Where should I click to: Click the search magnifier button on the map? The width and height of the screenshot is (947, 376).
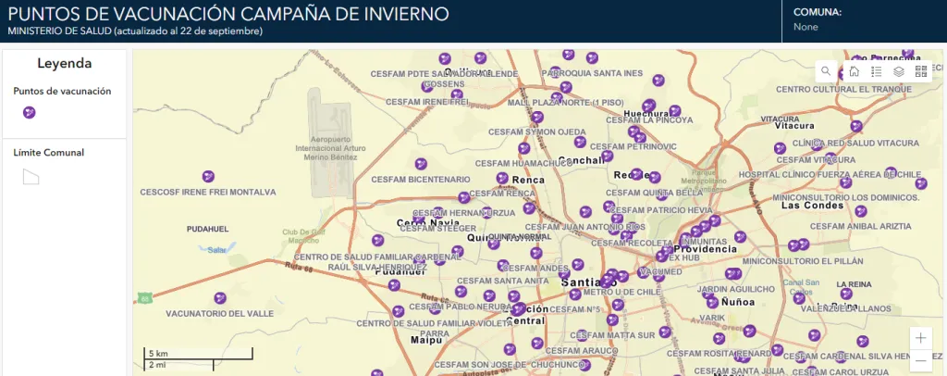tap(826, 70)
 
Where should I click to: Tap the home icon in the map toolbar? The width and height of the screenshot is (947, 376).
tap(854, 70)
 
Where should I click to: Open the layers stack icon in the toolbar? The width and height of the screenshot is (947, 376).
tap(898, 70)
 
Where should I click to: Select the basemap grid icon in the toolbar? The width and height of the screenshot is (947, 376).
tap(920, 70)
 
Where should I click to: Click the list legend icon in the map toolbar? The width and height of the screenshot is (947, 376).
tap(876, 70)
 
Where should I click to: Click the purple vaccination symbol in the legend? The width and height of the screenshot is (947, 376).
tap(30, 112)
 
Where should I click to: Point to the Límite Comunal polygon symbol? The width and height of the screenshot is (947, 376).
tap(31, 176)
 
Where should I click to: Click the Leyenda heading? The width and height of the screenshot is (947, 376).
tap(64, 64)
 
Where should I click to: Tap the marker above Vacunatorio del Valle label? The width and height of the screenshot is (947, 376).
tap(220, 297)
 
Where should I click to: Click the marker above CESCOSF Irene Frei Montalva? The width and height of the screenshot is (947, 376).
tap(207, 176)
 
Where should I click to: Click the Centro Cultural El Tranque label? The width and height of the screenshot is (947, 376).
tap(837, 89)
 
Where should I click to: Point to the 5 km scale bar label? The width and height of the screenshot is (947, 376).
tap(157, 354)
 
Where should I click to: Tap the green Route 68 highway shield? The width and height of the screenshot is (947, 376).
tap(144, 298)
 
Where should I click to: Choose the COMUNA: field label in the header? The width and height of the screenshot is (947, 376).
tap(818, 13)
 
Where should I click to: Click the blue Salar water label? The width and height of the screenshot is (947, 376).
tap(217, 249)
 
